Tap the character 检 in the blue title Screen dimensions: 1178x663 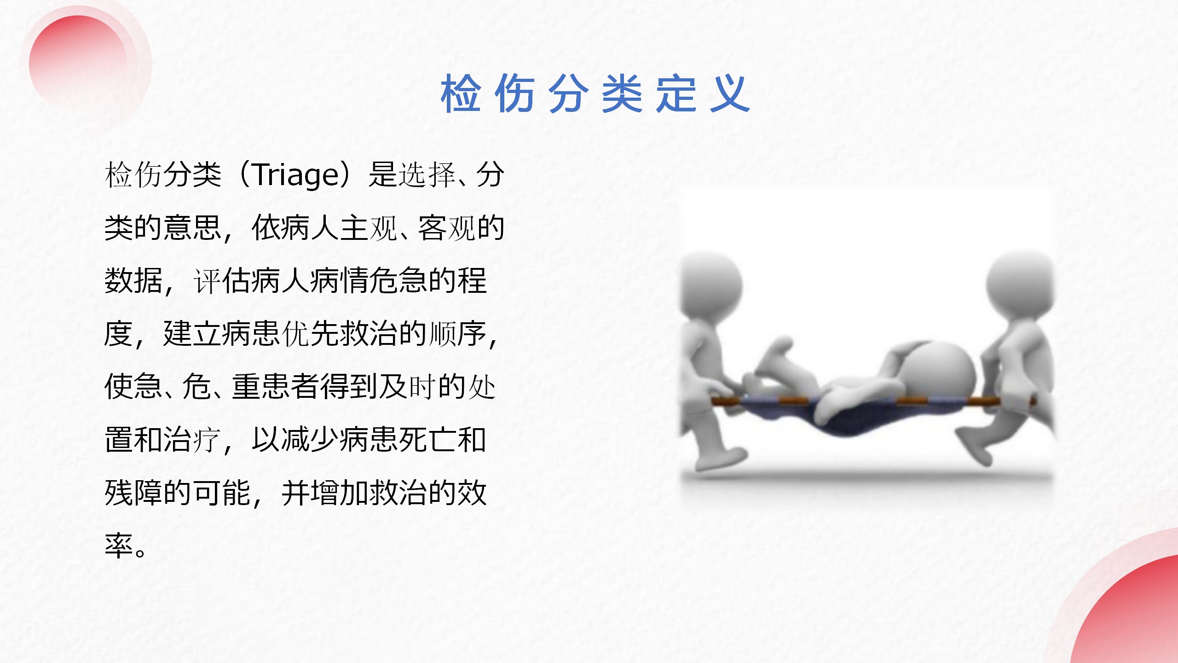pyautogui.click(x=461, y=93)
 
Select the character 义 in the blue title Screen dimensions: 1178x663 pyautogui.click(x=730, y=93)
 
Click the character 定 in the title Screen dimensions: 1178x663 pyautogui.click(x=676, y=93)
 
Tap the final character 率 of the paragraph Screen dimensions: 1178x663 pyautogui.click(x=119, y=546)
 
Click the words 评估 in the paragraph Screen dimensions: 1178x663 pyautogui.click(x=222, y=281)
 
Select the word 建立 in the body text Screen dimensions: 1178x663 pyautogui.click(x=192, y=334)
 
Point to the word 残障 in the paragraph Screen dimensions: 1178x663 pyautogui.click(x=133, y=493)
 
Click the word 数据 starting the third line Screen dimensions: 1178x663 pyautogui.click(x=133, y=281)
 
